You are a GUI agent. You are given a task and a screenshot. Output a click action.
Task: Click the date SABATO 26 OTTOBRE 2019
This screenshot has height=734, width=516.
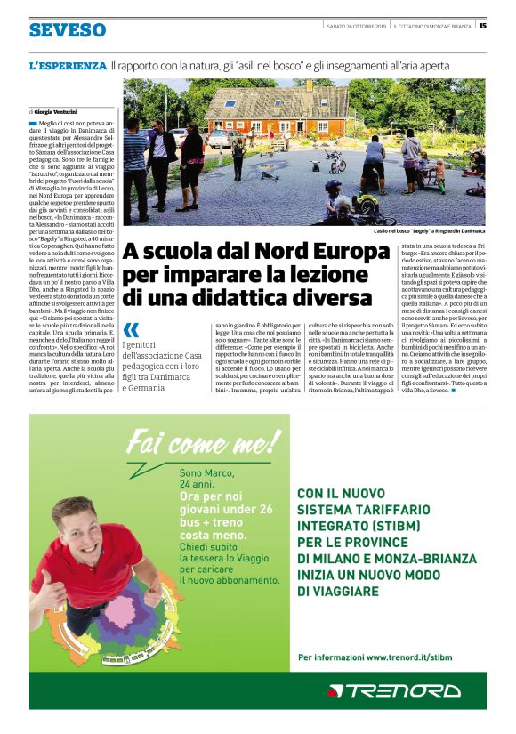(x=358, y=25)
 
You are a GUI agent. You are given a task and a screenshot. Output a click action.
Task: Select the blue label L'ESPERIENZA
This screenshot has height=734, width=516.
(x=68, y=66)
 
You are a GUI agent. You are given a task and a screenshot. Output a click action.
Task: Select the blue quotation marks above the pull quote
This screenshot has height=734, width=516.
(x=132, y=330)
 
